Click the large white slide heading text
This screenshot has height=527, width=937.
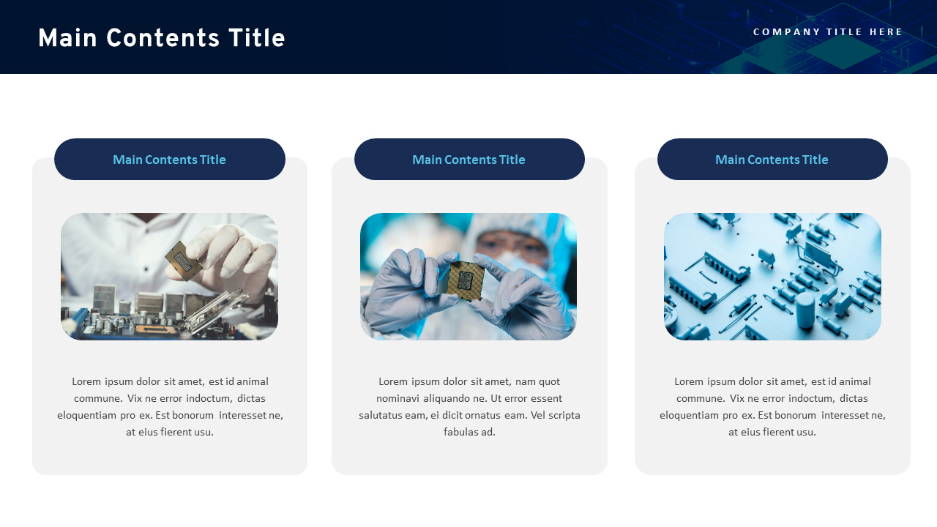tap(161, 39)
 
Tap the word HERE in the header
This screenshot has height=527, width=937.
tap(886, 32)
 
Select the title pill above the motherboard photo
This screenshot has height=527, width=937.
tap(169, 160)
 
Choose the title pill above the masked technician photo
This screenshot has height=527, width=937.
tap(468, 160)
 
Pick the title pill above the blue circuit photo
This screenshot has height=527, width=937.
tap(772, 160)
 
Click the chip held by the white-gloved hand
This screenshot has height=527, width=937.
tap(183, 260)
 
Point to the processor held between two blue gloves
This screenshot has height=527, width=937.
tap(465, 280)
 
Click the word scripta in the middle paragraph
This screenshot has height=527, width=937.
tap(564, 415)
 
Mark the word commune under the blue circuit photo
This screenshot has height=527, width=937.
tap(698, 398)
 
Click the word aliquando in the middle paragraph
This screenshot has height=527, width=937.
tap(446, 398)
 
